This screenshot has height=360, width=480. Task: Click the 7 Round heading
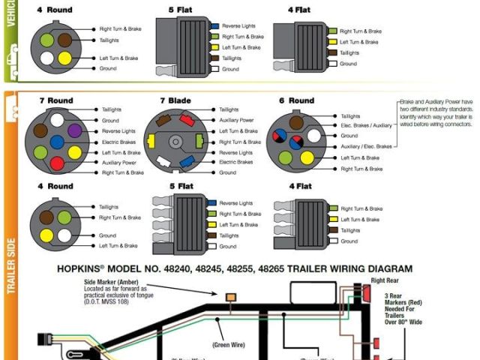55,100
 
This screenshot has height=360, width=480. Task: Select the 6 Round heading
296,100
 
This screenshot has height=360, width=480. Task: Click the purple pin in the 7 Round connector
74,130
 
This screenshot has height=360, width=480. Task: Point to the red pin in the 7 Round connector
56,163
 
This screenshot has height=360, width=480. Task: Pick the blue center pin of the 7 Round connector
57,142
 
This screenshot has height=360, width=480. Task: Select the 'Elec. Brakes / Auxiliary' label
366,126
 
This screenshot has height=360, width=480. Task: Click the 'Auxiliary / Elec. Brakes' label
366,146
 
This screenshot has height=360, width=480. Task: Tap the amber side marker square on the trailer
230,297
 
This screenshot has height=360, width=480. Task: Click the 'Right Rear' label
383,280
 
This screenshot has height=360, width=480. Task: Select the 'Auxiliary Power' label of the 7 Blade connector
236,120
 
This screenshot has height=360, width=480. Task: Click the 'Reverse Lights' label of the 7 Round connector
120,130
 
